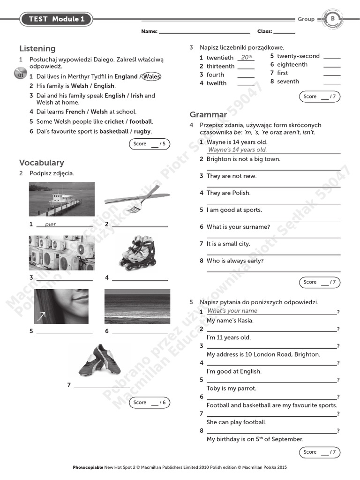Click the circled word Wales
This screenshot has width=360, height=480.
[151, 76]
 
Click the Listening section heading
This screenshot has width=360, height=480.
[37, 49]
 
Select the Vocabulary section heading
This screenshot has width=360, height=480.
[41, 163]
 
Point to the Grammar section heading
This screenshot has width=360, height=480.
[208, 114]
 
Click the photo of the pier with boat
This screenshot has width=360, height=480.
[61, 199]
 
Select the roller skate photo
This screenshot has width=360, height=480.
[135, 253]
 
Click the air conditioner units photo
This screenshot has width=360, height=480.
[61, 253]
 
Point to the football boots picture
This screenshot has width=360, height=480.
[99, 360]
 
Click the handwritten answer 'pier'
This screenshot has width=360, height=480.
[50, 224]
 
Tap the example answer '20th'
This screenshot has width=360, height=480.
[245, 58]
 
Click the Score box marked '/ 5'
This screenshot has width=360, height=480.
[149, 144]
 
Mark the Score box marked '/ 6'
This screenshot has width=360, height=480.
[149, 402]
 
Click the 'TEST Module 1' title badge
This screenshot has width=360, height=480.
[56, 19]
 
